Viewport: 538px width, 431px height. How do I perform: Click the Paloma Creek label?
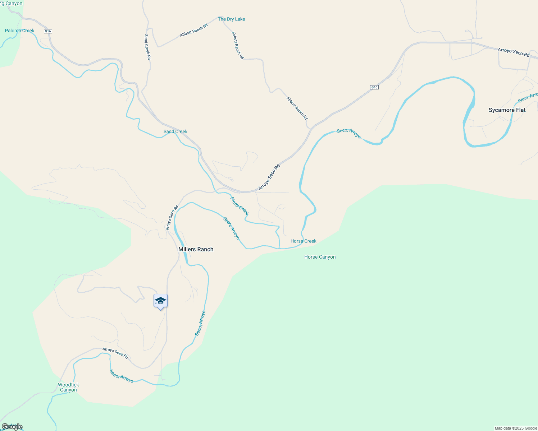[20, 31]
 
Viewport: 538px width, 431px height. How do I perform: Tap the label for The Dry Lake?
[231, 19]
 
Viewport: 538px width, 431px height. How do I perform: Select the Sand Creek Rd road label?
[147, 47]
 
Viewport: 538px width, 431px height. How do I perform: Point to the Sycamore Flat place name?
[507, 110]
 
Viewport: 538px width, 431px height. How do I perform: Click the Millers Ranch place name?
[196, 249]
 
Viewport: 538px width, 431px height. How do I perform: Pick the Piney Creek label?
[240, 206]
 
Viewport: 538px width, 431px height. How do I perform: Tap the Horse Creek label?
[304, 241]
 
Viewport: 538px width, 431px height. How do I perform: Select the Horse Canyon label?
[320, 257]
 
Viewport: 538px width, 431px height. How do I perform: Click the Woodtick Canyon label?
[68, 387]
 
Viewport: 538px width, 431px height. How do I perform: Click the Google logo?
[12, 427]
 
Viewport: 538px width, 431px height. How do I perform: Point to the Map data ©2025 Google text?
[516, 428]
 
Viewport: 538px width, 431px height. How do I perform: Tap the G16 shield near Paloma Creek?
[48, 31]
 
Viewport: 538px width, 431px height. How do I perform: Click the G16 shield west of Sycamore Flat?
[374, 87]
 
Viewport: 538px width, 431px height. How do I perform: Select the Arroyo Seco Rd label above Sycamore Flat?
[514, 52]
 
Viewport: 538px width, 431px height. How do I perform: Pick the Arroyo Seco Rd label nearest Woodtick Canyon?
[115, 353]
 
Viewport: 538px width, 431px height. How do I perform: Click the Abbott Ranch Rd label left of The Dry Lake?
[194, 30]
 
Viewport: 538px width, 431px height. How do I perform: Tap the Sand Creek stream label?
[175, 131]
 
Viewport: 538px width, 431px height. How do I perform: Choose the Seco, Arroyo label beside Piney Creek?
[231, 228]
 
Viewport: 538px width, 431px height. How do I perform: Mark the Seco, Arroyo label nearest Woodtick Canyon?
[122, 376]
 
